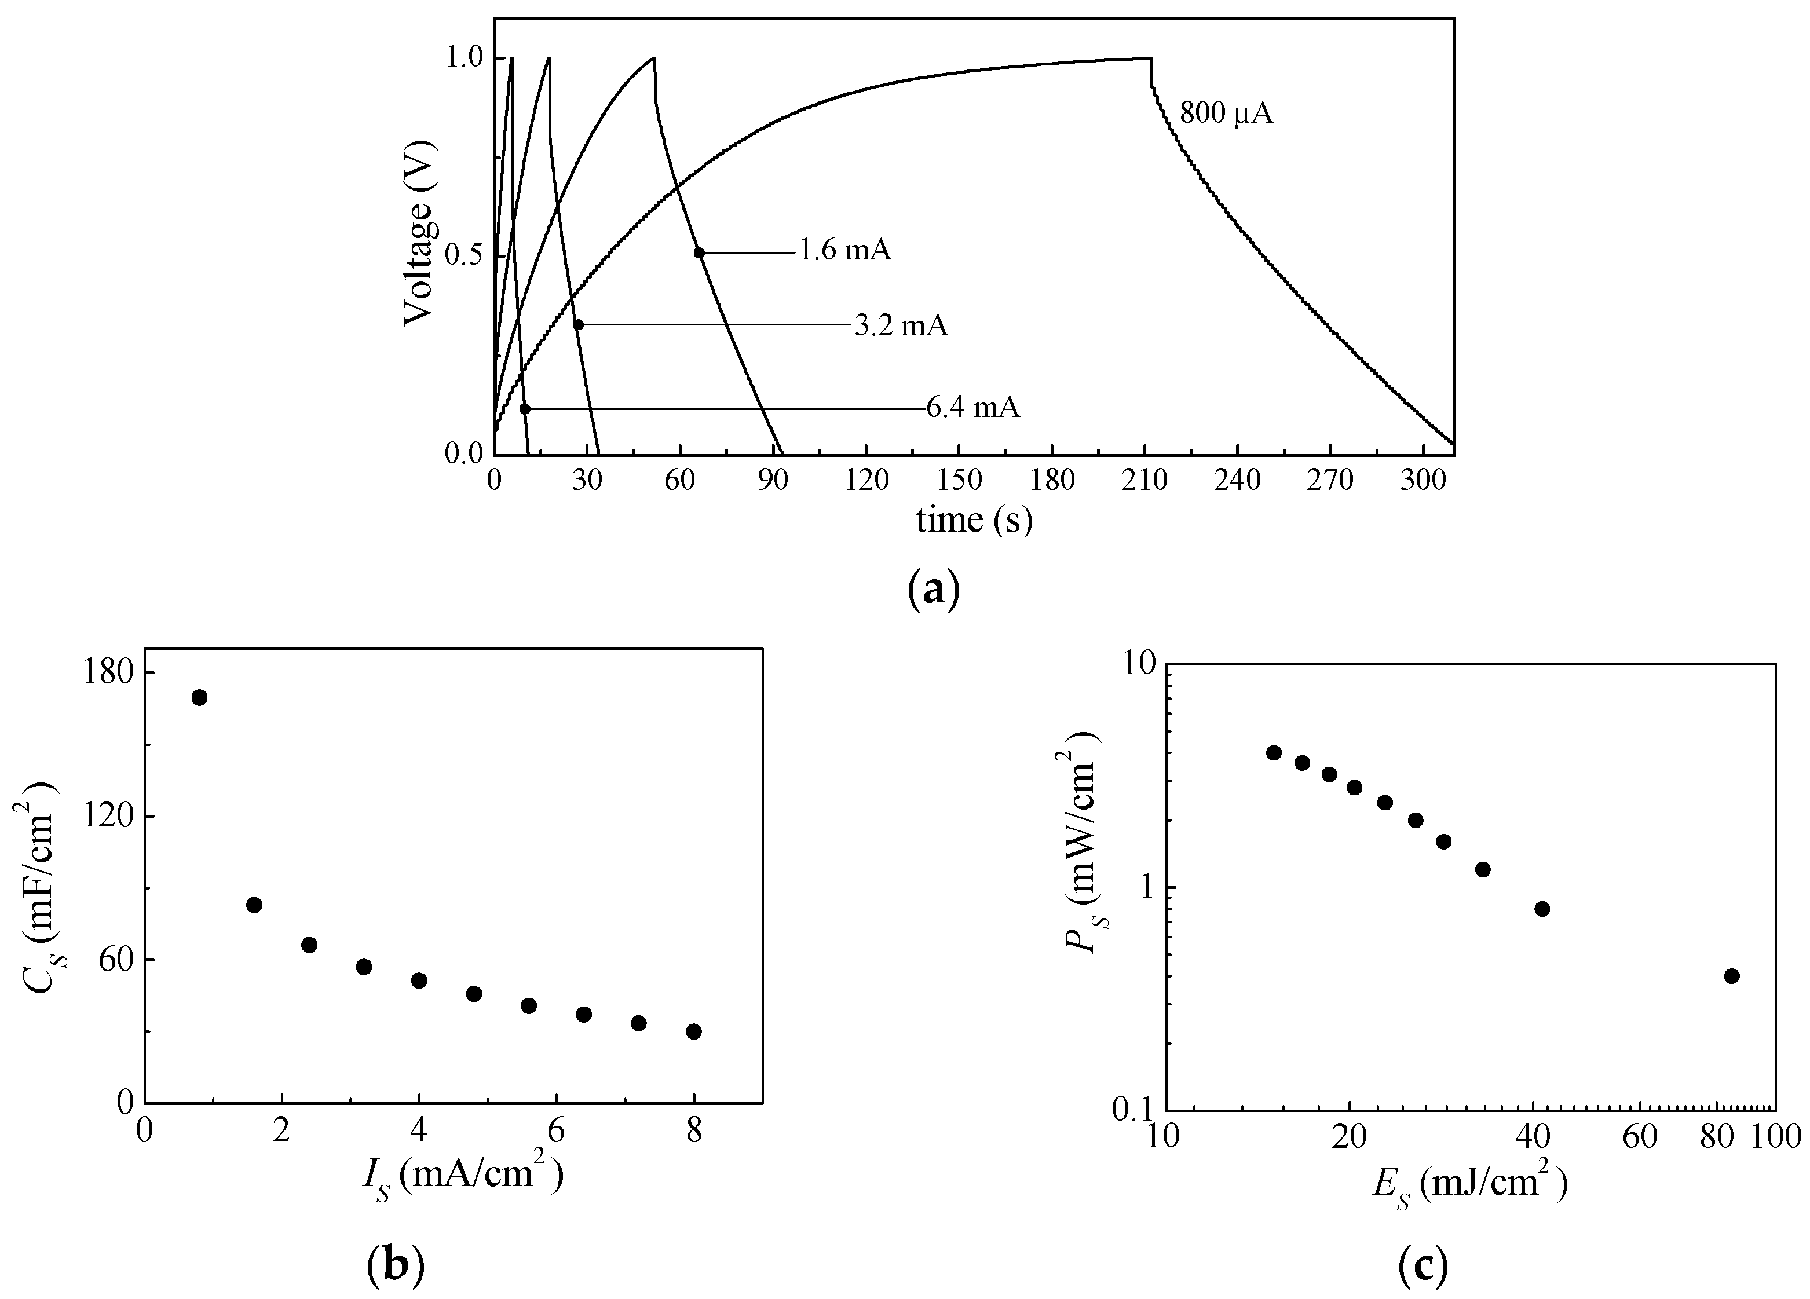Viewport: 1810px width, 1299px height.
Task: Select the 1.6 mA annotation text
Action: coord(845,251)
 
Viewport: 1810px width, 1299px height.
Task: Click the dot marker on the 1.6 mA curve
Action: coord(699,253)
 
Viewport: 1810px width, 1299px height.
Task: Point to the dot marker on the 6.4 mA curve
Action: coord(524,409)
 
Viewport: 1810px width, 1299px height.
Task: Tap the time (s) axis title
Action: coord(974,520)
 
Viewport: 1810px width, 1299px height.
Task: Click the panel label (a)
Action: coord(934,591)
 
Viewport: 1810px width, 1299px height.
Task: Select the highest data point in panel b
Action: coord(199,697)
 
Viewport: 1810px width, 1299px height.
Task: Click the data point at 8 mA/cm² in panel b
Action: coord(693,1031)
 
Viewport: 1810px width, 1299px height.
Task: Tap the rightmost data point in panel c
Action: coord(1732,976)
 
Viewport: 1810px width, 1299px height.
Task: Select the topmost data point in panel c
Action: coord(1274,752)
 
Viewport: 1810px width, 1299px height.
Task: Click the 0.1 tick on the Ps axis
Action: coord(1130,1111)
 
